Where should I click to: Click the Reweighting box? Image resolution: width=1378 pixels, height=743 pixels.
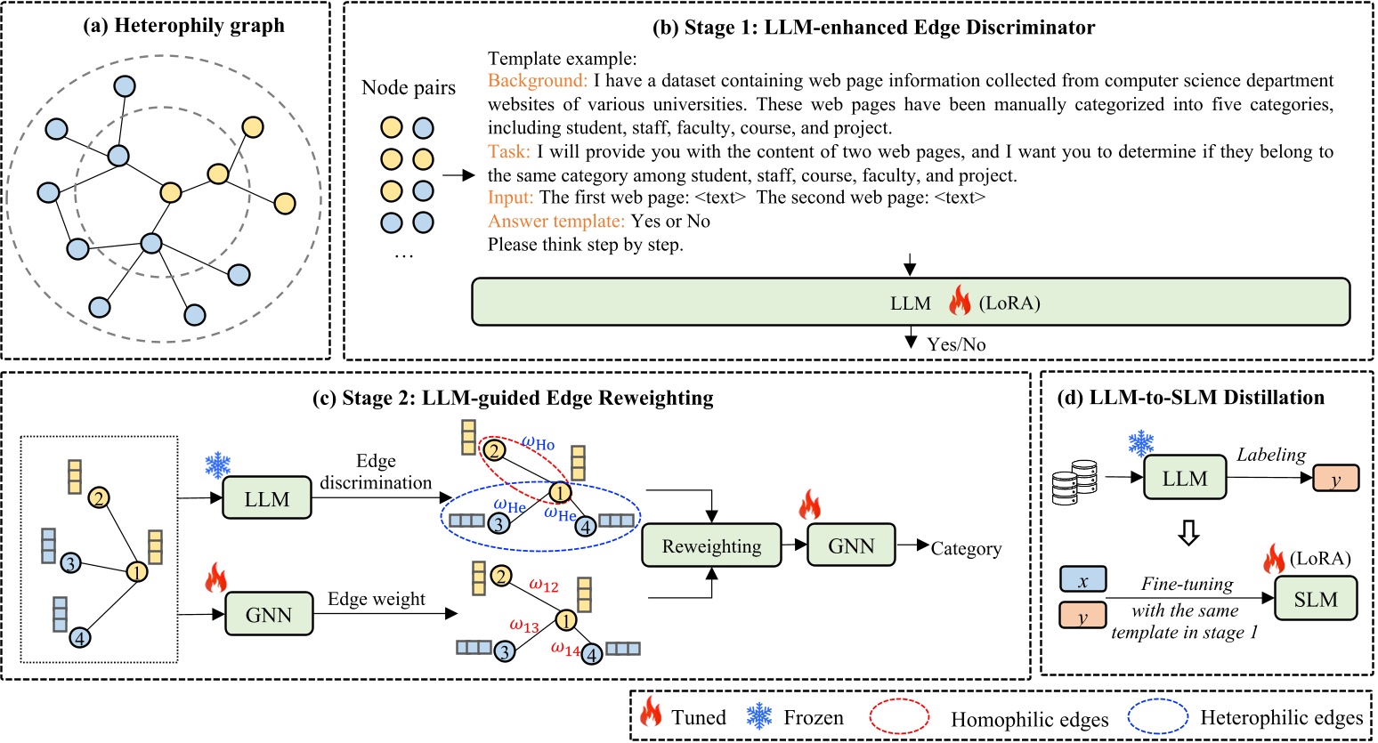click(711, 545)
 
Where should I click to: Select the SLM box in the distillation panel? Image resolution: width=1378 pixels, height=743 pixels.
click(1316, 599)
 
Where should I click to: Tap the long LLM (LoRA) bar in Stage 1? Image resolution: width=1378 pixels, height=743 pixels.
click(910, 303)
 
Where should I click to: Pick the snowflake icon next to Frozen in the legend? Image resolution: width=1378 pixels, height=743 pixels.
click(759, 716)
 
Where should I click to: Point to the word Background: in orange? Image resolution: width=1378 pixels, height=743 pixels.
click(538, 81)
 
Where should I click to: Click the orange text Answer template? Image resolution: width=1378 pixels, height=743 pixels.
click(556, 221)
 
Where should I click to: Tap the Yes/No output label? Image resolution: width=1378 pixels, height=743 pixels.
click(956, 344)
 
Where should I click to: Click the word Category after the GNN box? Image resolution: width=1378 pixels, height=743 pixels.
click(966, 548)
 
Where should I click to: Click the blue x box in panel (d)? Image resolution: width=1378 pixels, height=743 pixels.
click(1082, 580)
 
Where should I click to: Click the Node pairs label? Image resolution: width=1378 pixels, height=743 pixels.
click(409, 88)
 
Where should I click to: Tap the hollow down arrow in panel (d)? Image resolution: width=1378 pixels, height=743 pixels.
click(1188, 532)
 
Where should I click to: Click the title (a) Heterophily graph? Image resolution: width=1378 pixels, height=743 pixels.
click(184, 25)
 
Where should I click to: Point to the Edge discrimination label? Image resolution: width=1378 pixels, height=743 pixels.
click(376, 472)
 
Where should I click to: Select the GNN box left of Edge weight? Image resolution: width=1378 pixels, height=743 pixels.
click(269, 614)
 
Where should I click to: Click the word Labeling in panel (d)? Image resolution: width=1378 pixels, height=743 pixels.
click(1270, 455)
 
